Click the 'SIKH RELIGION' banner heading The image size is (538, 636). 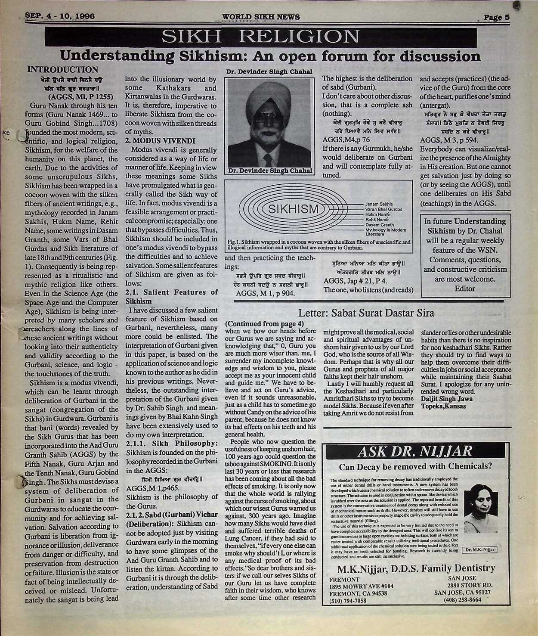[260, 37]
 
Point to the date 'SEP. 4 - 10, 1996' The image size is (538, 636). [60, 16]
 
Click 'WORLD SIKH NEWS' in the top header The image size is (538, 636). [261, 17]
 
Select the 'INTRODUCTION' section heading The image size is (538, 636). [62, 70]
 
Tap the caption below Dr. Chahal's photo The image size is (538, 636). [270, 171]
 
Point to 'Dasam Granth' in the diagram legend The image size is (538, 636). [379, 224]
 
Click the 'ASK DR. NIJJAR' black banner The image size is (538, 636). [415, 451]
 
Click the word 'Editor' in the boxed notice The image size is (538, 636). [464, 289]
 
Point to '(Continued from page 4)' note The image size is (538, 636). [264, 323]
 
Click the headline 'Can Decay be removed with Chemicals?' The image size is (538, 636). [415, 466]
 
